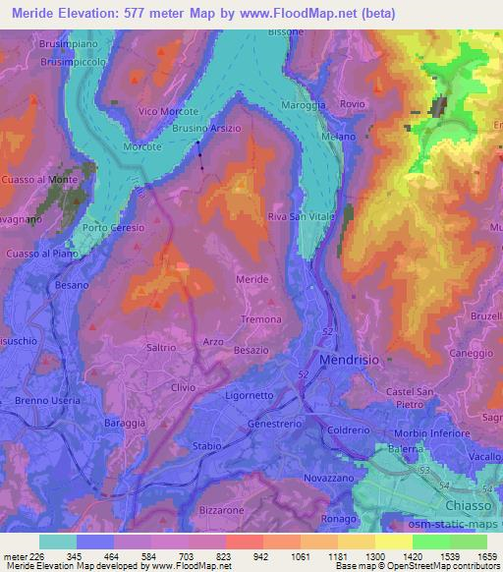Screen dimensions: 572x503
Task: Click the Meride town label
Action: coord(252,280)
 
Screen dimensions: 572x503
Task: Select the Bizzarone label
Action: coord(220,511)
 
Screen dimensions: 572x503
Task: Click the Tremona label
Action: coord(262,319)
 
